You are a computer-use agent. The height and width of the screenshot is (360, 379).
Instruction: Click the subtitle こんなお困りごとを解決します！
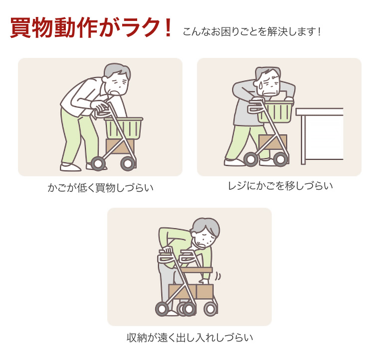tap(251, 32)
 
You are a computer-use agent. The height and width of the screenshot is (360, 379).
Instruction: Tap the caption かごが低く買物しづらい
tap(100, 188)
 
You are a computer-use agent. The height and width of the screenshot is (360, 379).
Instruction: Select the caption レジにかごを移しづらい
tap(280, 186)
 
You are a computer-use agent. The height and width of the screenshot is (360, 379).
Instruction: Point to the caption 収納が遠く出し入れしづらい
tap(189, 338)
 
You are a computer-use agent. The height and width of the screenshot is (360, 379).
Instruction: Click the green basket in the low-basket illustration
tap(124, 128)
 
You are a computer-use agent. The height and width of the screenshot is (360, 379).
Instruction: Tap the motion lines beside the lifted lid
tap(218, 276)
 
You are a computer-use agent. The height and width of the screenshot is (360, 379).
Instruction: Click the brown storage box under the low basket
tap(120, 147)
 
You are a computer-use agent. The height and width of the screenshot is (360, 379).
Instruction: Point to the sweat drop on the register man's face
tap(260, 85)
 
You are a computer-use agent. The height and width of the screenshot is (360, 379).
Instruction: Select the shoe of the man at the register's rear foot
tap(234, 162)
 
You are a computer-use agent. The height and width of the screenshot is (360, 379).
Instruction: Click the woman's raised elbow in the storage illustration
tap(163, 230)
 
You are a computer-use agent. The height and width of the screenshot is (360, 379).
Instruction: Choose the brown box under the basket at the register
tap(273, 142)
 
